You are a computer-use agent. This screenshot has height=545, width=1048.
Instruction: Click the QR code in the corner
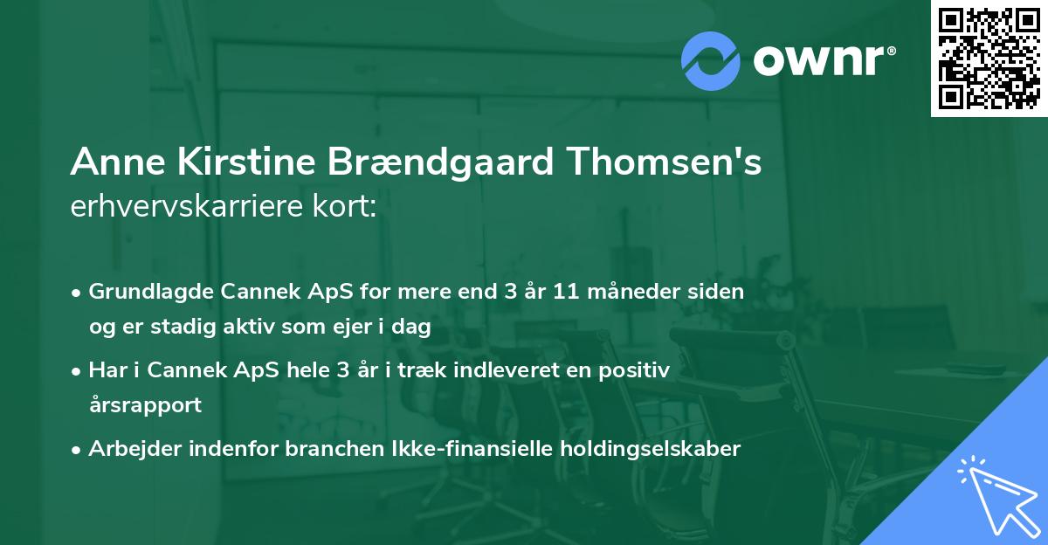coord(989,59)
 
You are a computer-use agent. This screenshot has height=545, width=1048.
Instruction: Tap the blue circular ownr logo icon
coord(710,60)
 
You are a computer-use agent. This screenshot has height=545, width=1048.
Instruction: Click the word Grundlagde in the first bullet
coord(144,292)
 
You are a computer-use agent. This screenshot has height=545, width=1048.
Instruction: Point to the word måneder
coord(640,292)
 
